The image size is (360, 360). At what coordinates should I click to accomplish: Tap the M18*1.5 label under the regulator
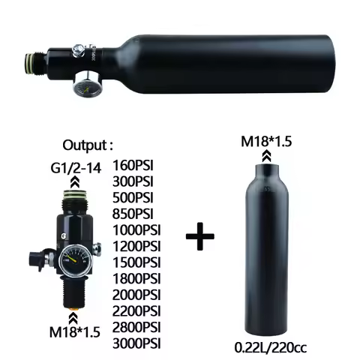click(x=76, y=331)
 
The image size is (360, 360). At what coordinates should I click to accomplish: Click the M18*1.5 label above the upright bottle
click(x=266, y=142)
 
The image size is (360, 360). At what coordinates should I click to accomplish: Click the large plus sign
click(x=199, y=239)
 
